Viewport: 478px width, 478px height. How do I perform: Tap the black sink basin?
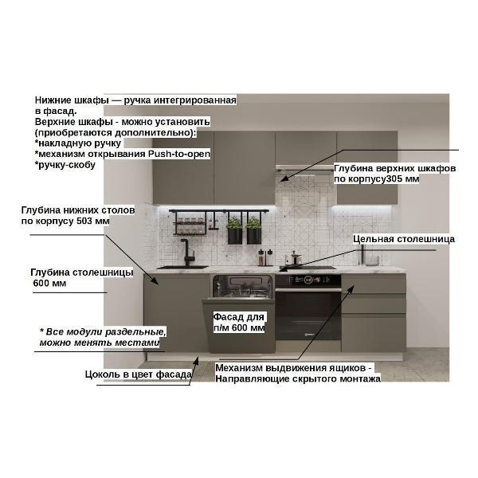182,268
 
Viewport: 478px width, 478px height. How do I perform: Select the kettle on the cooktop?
294,258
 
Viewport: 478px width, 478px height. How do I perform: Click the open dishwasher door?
239,326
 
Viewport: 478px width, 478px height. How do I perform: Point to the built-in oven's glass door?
308,315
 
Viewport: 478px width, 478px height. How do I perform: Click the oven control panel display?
308,280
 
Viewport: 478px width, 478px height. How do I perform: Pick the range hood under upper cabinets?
306,169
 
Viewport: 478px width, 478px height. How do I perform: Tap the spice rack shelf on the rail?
190,223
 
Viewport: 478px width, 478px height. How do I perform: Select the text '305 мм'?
402,178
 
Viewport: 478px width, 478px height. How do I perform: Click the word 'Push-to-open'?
179,154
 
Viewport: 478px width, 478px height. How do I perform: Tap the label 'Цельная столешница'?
404,239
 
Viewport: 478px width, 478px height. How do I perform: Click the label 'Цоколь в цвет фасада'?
139,374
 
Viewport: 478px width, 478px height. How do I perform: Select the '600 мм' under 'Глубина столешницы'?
49,283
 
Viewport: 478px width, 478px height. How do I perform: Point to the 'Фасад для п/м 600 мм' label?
239,322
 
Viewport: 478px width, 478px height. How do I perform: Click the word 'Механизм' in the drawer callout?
239,368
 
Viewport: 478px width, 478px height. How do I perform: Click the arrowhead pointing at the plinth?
196,361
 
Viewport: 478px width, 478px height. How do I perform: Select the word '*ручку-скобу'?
65,165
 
